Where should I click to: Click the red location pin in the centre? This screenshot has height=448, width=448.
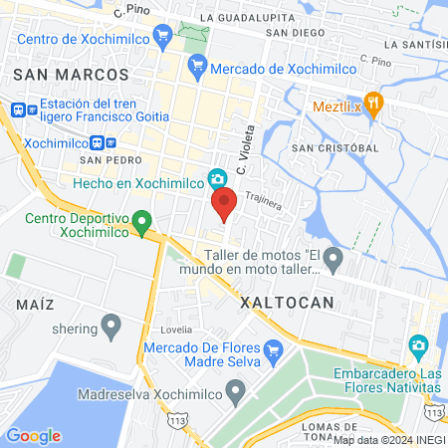[x=224, y=204]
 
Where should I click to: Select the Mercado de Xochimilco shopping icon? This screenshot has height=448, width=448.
[x=196, y=67]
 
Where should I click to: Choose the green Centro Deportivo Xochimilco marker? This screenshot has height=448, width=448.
[x=142, y=219]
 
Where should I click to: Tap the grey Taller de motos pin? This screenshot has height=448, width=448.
[x=334, y=262]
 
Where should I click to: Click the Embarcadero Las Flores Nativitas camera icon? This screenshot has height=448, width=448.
[x=419, y=344]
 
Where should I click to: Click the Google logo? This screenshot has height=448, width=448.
[x=33, y=436]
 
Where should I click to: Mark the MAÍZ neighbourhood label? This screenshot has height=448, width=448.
[x=34, y=302]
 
